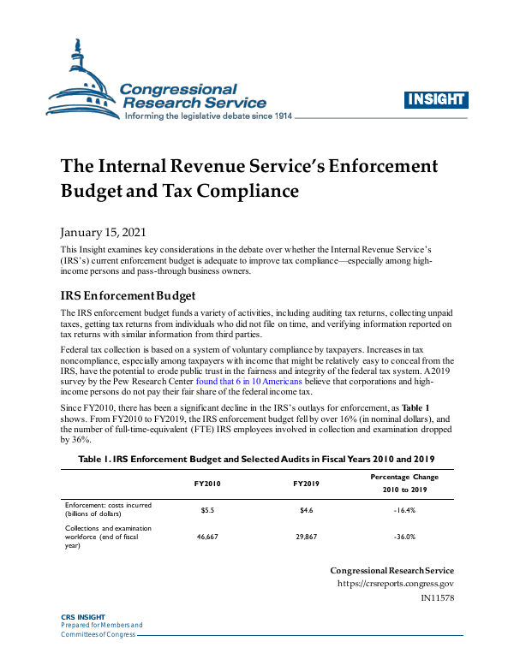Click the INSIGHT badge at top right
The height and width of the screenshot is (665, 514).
434,99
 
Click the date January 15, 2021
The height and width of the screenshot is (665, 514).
103,232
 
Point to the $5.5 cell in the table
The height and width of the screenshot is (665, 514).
207,510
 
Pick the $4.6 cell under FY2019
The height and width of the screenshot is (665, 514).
306,510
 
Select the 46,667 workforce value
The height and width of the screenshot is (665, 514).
207,537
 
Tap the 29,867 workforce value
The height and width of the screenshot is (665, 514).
306,537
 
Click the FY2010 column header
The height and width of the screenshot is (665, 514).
207,484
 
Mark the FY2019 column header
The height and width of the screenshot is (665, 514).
306,484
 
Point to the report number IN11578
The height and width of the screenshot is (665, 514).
437,598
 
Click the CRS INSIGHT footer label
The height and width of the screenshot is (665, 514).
82,617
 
